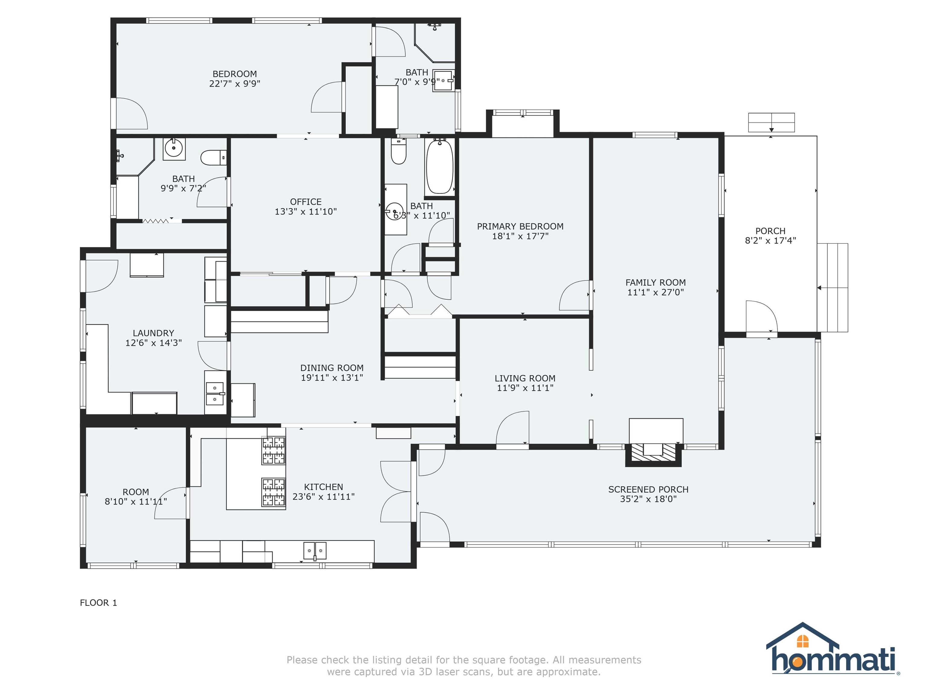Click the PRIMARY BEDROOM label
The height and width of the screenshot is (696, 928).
pyautogui.click(x=520, y=227)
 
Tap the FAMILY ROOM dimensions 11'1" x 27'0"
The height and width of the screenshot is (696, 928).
pyautogui.click(x=656, y=292)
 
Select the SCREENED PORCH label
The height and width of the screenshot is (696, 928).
pyautogui.click(x=649, y=490)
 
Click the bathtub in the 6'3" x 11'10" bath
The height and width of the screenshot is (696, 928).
pyautogui.click(x=440, y=166)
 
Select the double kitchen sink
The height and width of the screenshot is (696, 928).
pyautogui.click(x=315, y=550)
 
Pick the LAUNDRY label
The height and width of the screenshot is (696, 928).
pyautogui.click(x=153, y=333)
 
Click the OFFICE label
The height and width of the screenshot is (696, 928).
pyautogui.click(x=306, y=202)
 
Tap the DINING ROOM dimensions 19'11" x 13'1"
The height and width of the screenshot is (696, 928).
pyautogui.click(x=332, y=378)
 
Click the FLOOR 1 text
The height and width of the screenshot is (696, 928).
pyautogui.click(x=98, y=603)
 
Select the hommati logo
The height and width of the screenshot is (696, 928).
pyautogui.click(x=833, y=649)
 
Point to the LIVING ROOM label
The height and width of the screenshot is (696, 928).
pyautogui.click(x=525, y=379)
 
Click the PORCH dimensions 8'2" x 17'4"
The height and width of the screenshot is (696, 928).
pyautogui.click(x=770, y=241)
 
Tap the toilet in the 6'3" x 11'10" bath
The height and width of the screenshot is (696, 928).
pyautogui.click(x=398, y=151)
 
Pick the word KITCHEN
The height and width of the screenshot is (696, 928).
pyautogui.click(x=324, y=487)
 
